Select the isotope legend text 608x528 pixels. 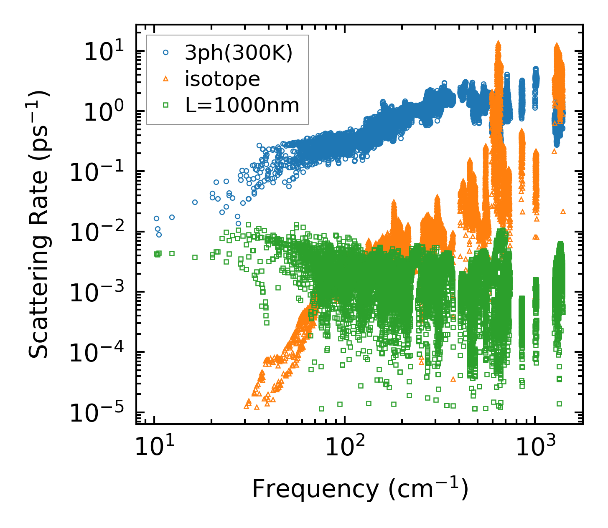tap(222, 79)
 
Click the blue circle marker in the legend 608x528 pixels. tap(166, 53)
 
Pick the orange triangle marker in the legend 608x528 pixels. tap(166, 79)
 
